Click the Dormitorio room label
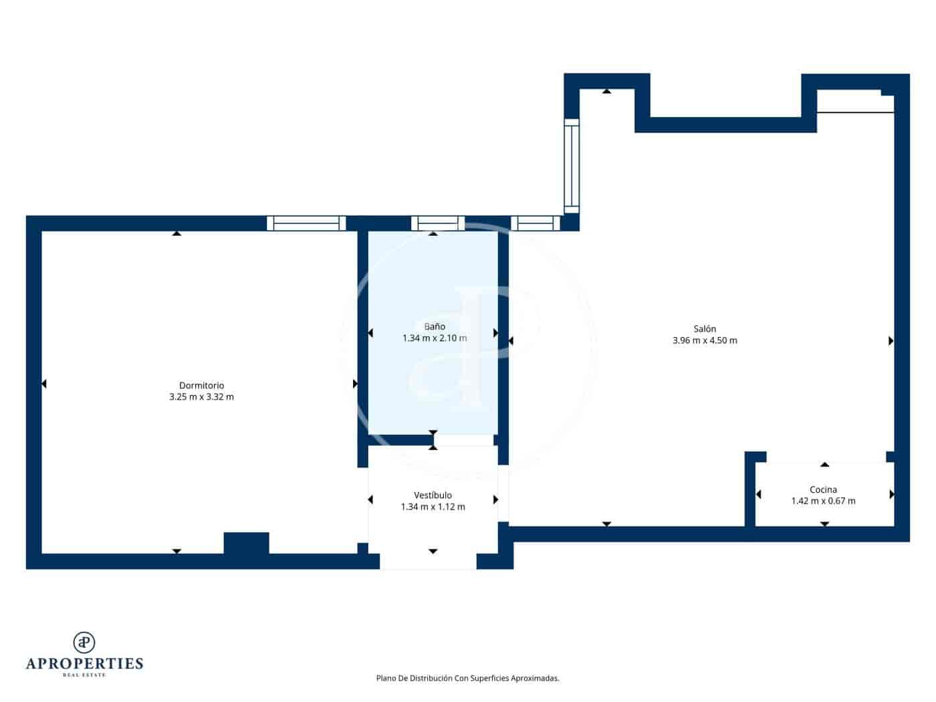coord(201,386)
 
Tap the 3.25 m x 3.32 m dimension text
coord(201,397)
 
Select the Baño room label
coord(435,327)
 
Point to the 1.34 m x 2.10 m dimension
coord(435,338)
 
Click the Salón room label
coord(705,329)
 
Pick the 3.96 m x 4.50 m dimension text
coord(705,340)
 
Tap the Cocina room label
coord(823,490)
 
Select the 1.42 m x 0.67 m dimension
coord(823,501)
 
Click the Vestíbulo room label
coord(433,495)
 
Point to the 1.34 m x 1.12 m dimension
coord(433,507)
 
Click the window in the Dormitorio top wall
coord(306,223)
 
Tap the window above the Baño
coord(437,223)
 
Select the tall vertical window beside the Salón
coord(571,166)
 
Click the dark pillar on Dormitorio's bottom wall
coord(246,543)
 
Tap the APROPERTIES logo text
coord(84,664)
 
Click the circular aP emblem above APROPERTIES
coord(84,642)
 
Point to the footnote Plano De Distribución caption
coord(467,679)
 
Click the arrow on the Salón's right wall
coord(891,341)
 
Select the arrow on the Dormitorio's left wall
coord(44,384)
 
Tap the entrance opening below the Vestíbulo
coord(428,562)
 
